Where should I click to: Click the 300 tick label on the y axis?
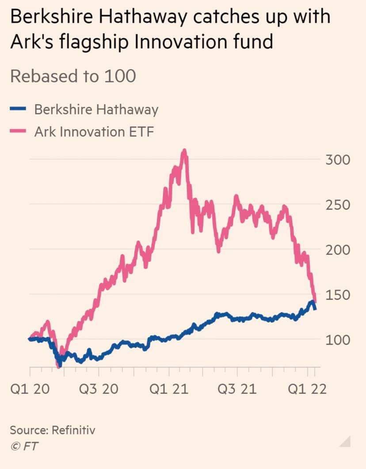(x=338, y=160)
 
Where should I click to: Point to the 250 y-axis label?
(x=338, y=205)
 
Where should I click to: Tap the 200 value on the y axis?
(x=338, y=250)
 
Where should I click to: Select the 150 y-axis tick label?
(x=338, y=295)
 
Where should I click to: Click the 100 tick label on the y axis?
(x=338, y=340)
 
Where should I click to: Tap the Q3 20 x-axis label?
(x=99, y=389)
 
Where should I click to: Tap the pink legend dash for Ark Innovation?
(x=19, y=131)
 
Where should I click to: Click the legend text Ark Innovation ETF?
(x=94, y=132)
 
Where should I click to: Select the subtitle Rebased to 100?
(x=73, y=76)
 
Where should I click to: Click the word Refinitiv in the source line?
(x=75, y=430)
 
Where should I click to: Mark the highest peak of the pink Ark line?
(x=184, y=152)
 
